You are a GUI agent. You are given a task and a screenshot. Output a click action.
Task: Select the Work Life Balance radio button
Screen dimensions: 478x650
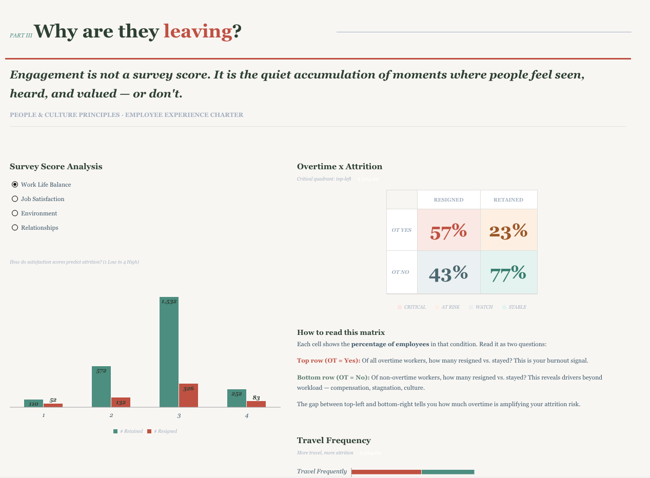point(15,185)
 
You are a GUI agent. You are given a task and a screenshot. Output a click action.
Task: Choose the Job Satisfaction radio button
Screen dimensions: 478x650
point(15,199)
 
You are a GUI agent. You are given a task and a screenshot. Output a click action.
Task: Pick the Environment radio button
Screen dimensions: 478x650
point(15,213)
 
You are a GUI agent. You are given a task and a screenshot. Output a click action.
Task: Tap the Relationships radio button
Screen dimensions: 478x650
point(15,228)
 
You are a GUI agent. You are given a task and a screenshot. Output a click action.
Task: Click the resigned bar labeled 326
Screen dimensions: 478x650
point(188,395)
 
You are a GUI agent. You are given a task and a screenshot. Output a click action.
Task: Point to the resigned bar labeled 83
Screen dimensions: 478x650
point(256,404)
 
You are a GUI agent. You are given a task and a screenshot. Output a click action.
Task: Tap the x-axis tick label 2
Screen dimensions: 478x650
point(111,415)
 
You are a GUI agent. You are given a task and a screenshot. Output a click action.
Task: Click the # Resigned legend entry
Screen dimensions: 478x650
point(163,431)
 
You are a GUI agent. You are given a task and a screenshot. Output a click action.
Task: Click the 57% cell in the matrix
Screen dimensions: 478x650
point(448,230)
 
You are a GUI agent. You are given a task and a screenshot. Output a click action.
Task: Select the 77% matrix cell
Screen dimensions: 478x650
point(508,272)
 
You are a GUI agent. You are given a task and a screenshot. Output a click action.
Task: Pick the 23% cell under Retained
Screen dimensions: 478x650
point(508,230)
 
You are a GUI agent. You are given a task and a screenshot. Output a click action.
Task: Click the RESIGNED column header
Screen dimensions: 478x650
point(448,200)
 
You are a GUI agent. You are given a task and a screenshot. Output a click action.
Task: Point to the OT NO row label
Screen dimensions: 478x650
point(401,272)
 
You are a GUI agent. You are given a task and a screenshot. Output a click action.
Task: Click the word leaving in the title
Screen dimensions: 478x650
point(198,32)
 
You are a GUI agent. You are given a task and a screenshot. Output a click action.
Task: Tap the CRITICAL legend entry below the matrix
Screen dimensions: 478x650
point(412,307)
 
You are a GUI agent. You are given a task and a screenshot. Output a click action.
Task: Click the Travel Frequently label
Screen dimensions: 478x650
point(322,471)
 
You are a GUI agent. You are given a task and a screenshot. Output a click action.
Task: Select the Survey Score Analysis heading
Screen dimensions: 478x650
point(56,167)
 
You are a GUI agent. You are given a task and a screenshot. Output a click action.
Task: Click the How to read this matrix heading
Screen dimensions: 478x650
point(341,333)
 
